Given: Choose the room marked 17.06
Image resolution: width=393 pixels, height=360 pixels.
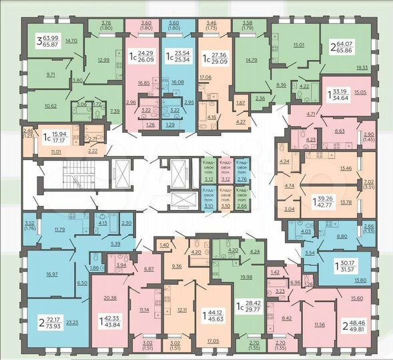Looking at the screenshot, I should coord(205,77).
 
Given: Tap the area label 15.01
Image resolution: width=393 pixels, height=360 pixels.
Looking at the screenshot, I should coord(298,45).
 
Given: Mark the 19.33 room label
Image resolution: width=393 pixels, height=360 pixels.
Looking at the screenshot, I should coord(362,67).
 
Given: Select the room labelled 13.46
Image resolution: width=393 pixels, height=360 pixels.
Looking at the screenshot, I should coord(346,169).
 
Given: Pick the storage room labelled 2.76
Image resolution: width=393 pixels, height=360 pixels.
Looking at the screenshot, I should coord(242,179).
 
